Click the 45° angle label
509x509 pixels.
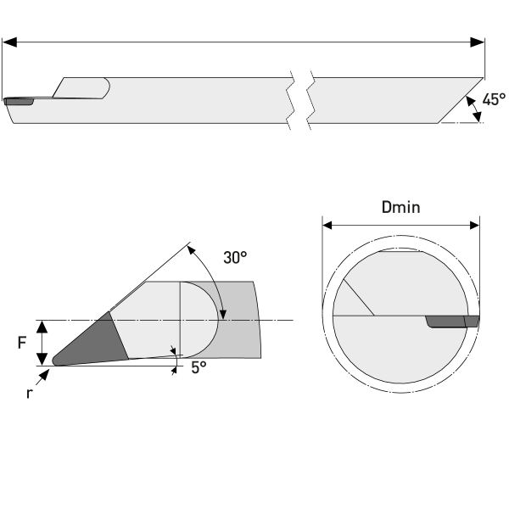click(x=495, y=99)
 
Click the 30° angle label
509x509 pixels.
click(x=236, y=258)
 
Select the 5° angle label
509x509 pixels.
click(x=199, y=367)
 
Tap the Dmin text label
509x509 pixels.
click(x=401, y=206)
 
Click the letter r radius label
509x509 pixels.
click(x=29, y=393)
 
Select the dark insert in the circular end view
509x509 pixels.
click(x=450, y=322)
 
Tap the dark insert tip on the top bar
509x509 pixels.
click(x=19, y=102)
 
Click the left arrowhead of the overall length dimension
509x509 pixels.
click(x=8, y=41)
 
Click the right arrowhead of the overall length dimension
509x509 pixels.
click(x=478, y=41)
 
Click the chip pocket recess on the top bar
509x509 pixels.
click(x=83, y=87)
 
